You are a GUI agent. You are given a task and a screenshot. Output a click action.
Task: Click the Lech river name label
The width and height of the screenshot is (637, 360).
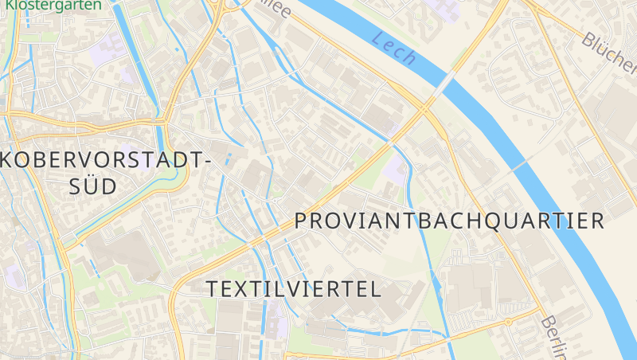click(394, 48)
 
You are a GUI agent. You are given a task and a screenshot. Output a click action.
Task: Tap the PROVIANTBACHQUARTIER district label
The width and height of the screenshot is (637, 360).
click(450, 221)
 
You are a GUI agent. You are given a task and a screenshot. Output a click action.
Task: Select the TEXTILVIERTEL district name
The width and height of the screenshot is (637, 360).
click(295, 289)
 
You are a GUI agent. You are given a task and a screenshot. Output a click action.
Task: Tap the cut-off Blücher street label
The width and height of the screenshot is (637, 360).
click(609, 49)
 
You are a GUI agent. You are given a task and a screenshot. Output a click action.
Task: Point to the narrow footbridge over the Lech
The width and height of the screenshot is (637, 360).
click(518, 166)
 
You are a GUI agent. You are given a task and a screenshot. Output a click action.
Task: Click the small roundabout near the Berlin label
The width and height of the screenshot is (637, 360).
click(507, 321)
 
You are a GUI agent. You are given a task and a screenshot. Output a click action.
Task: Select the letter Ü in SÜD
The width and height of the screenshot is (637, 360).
click(92, 186)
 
